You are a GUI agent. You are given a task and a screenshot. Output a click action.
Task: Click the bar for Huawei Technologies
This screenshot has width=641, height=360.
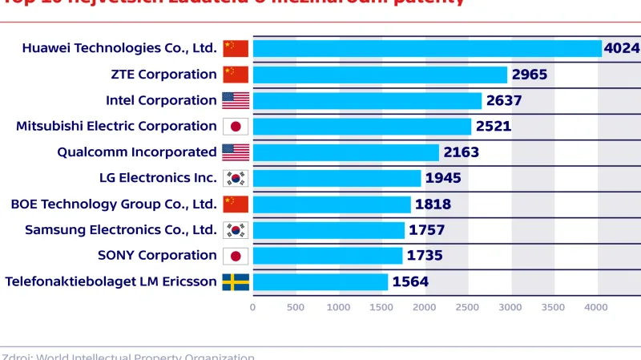[x=427, y=48]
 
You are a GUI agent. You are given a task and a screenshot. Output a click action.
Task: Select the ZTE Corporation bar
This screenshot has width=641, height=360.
[x=380, y=75]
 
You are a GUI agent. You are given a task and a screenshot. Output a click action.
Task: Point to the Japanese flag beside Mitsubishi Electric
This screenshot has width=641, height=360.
[x=236, y=126]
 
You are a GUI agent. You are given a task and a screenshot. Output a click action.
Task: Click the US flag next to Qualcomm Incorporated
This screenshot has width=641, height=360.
[x=236, y=152]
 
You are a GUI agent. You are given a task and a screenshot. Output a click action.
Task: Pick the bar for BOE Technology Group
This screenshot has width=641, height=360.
[x=332, y=204]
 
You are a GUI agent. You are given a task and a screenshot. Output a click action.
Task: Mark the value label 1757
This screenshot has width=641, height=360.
[x=425, y=230]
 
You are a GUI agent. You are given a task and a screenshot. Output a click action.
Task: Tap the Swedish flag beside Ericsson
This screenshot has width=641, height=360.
[x=236, y=281]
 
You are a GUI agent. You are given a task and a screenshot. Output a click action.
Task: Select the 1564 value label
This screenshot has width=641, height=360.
[x=410, y=281]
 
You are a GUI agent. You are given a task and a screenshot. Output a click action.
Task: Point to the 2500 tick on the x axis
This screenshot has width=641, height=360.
[x=468, y=306]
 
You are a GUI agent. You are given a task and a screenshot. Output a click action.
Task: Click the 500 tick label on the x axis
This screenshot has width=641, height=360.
[x=296, y=306]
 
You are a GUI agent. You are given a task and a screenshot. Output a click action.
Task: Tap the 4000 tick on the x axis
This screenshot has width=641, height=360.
[x=597, y=306]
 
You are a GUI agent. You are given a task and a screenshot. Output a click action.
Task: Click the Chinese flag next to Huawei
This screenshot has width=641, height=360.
[x=236, y=48]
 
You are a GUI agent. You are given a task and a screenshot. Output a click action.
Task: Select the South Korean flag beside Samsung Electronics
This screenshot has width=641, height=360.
[x=236, y=230]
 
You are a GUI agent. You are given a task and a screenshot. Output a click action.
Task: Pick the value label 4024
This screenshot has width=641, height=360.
[x=622, y=48]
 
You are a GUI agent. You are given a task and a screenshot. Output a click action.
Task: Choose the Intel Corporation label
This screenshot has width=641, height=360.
[x=161, y=100]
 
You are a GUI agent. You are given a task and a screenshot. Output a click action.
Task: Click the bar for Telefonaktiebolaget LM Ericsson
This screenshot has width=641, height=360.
[x=320, y=281]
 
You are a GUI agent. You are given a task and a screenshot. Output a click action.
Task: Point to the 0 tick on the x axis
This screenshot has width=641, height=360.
[x=253, y=306]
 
